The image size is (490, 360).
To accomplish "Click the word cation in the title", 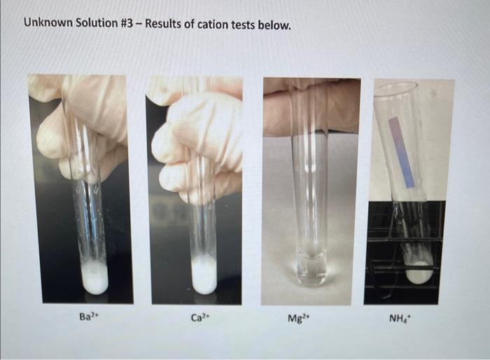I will (x=217, y=25).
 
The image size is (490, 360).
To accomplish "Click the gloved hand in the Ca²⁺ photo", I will (x=192, y=140).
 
